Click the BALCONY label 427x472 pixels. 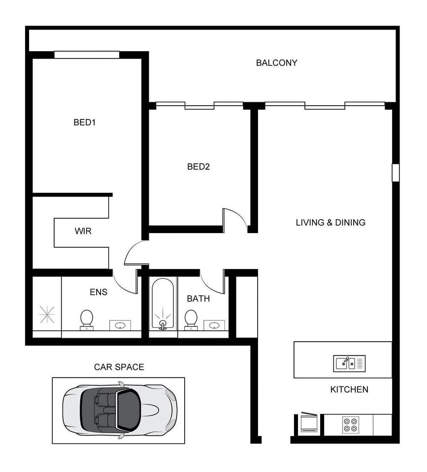point(276,63)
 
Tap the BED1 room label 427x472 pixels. point(84,122)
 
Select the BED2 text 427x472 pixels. point(198,167)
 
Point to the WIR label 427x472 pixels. point(83,231)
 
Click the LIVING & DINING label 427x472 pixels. point(330,223)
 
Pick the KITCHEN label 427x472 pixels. point(349,389)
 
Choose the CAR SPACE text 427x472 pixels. point(119,367)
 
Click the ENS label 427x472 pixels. point(99,292)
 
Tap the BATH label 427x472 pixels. point(198,298)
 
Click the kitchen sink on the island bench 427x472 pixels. point(349,363)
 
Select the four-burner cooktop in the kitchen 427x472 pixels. point(351,425)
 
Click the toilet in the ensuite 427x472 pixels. point(87,320)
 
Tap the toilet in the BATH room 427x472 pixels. point(191,320)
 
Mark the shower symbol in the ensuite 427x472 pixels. point(47,314)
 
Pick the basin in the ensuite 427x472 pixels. point(120,325)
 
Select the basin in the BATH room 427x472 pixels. point(214,325)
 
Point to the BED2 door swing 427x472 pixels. point(234,219)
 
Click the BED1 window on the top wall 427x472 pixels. point(87,55)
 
